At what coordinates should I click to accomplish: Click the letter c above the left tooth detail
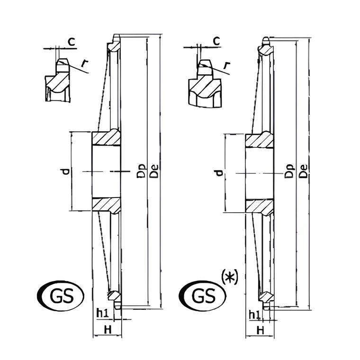point(72,42)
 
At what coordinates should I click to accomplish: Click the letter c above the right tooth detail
point(216,41)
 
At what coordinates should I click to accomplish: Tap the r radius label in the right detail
point(227,65)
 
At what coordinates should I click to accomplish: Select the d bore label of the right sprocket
point(219,172)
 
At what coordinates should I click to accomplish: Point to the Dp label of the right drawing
point(289,171)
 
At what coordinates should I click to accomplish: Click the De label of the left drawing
point(154,171)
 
